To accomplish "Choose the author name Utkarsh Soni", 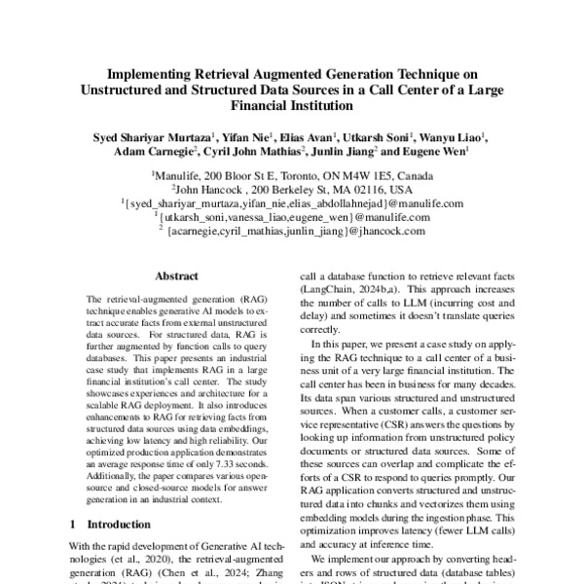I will (381, 137).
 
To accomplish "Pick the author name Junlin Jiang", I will (345, 152).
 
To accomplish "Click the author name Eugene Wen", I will (434, 152).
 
